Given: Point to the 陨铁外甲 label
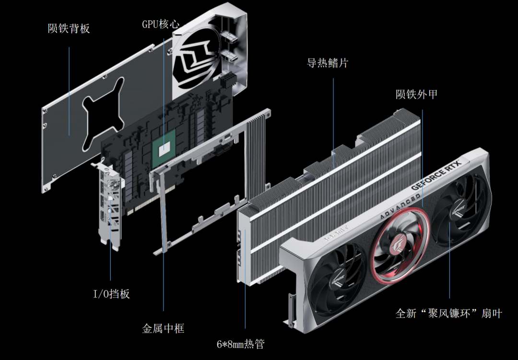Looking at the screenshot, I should (416, 94).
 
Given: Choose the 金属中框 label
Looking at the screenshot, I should (163, 329).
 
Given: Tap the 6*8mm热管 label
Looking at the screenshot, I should (240, 344).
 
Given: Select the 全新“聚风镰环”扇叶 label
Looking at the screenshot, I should (448, 313).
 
